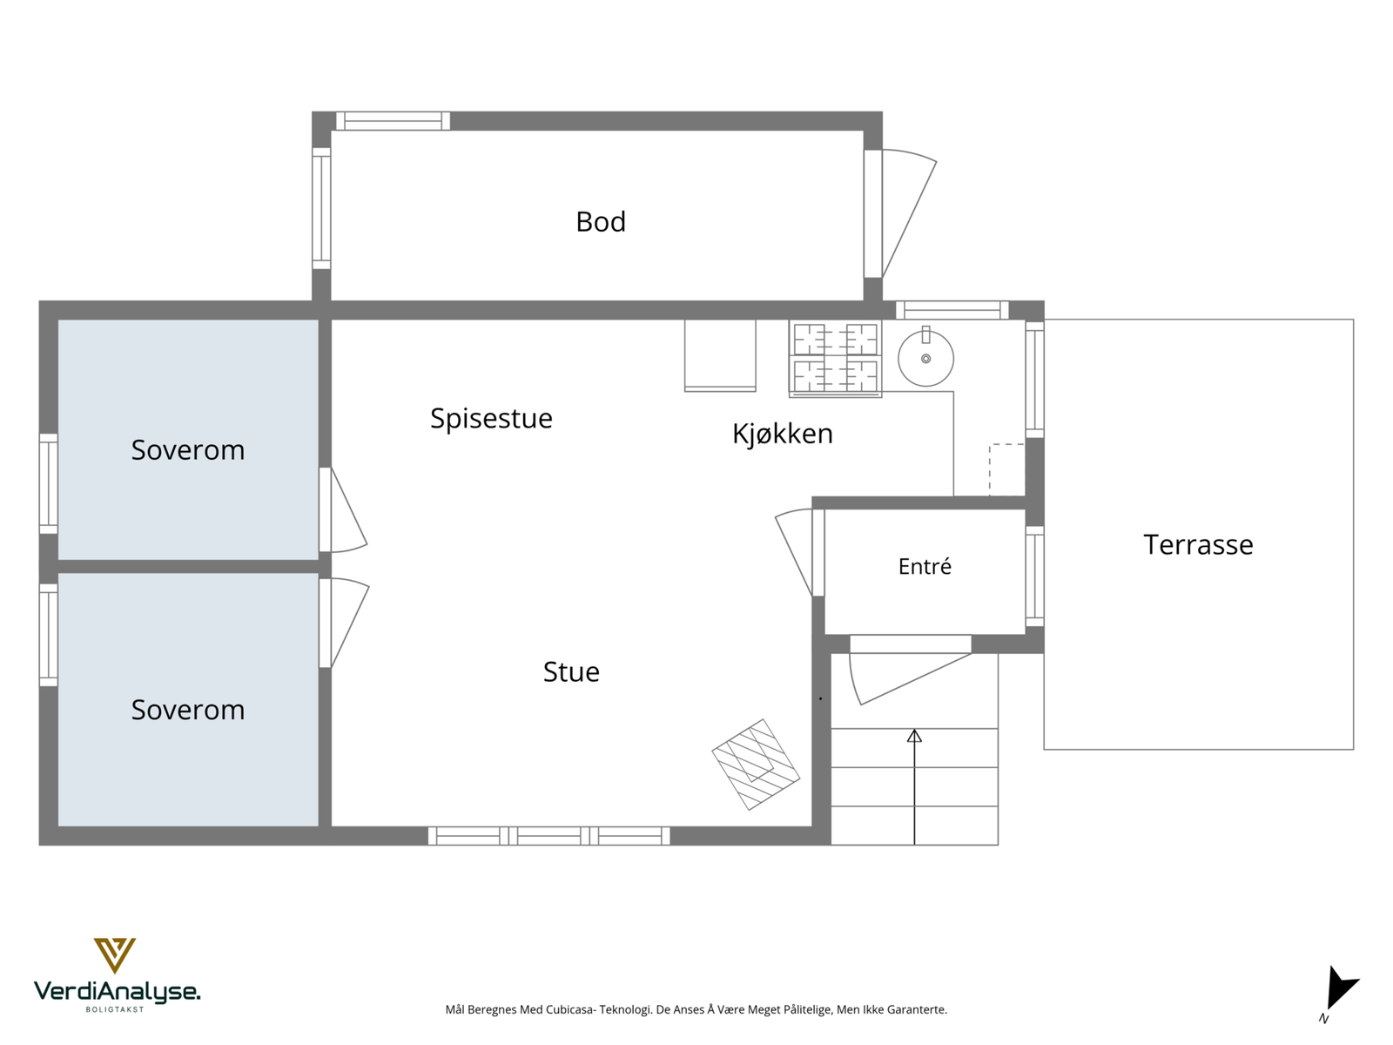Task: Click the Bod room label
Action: tap(601, 221)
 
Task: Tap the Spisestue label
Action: tap(491, 419)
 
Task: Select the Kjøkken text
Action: tap(783, 434)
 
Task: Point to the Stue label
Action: tap(571, 672)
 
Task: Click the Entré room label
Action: tap(925, 566)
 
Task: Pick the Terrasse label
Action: tap(1198, 544)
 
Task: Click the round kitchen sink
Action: tap(926, 359)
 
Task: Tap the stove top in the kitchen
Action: tap(835, 359)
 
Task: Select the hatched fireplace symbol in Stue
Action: tap(756, 765)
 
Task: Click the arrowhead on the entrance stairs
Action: tap(914, 736)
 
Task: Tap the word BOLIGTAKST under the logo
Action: tap(115, 1009)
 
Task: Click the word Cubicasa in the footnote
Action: tap(571, 1009)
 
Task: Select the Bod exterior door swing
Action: tap(910, 213)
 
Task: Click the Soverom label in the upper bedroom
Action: tap(188, 450)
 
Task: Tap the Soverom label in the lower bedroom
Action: tap(188, 710)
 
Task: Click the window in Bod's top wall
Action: tap(393, 120)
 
